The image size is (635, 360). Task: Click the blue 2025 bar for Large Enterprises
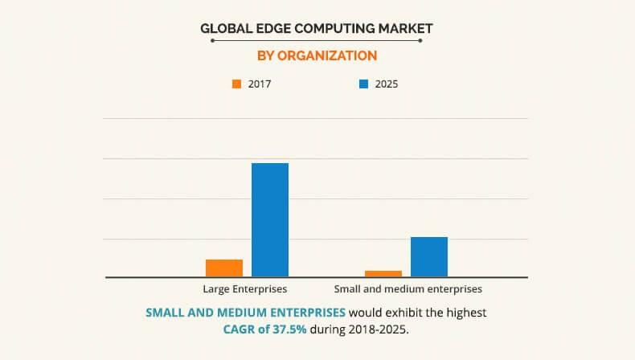point(270,220)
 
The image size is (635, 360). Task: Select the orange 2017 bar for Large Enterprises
point(224,268)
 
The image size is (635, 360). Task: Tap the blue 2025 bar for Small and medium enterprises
point(429,257)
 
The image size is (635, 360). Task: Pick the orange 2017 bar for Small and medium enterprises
point(383,274)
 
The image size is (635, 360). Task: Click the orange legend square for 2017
point(236,84)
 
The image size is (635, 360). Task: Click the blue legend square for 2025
point(363,84)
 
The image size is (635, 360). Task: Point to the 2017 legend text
point(260,84)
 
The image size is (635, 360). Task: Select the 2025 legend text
point(387,84)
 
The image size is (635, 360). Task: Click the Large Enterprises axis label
point(246,288)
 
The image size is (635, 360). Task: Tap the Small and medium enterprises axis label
point(408,288)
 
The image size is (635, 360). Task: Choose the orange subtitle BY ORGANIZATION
point(317,55)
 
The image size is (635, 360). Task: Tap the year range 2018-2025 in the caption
point(379,329)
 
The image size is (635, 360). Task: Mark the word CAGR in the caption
point(241,329)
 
